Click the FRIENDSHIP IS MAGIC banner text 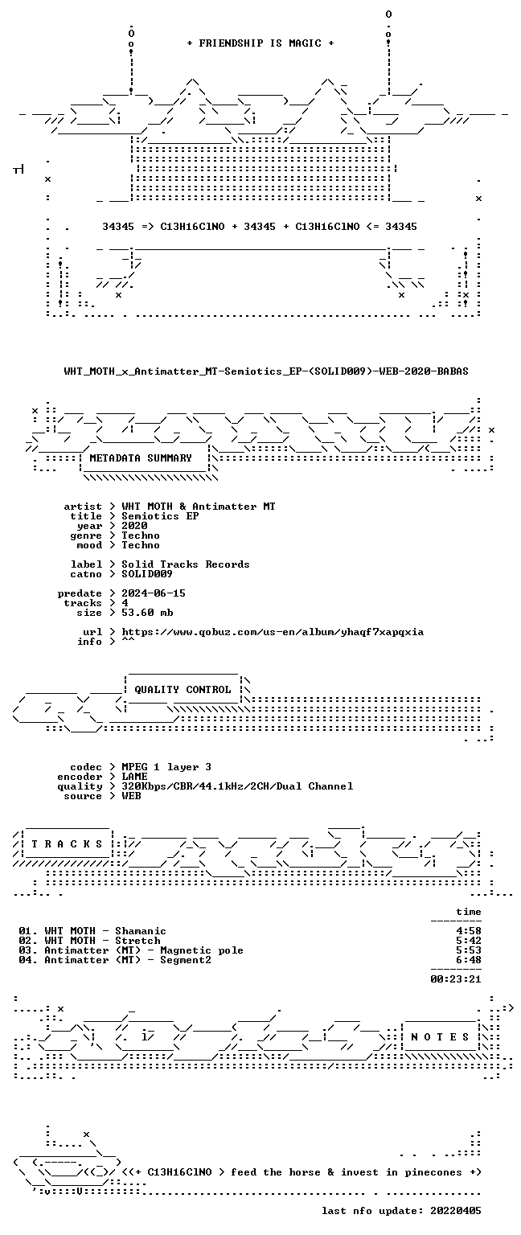[x=260, y=43]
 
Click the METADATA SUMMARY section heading [x=141, y=457]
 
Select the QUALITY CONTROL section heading [x=183, y=689]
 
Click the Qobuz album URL [x=273, y=632]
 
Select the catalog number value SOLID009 [x=147, y=574]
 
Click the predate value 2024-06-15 [x=154, y=593]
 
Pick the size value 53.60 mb [x=147, y=613]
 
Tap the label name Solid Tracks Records [x=185, y=564]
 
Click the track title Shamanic [x=141, y=931]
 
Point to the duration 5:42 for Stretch [x=469, y=941]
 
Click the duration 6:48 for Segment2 [x=469, y=960]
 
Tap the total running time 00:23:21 [x=456, y=979]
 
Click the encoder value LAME [x=134, y=776]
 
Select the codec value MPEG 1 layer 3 [x=166, y=767]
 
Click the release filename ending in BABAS [x=266, y=371]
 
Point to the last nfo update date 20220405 [x=456, y=1211]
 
